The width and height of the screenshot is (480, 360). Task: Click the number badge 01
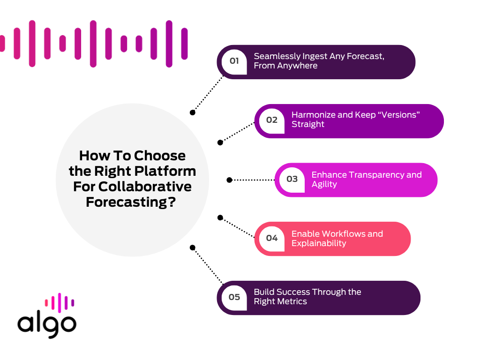click(234, 61)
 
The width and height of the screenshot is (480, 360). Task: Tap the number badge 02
click(272, 120)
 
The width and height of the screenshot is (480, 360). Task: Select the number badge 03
click(292, 179)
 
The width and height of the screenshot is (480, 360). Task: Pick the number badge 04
click(272, 238)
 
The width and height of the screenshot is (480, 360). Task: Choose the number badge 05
click(234, 297)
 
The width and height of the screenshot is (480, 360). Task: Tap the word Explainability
click(319, 243)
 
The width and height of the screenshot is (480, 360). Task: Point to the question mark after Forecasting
click(172, 202)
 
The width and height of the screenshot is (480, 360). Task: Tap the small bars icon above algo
click(60, 302)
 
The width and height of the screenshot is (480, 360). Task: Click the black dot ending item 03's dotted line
click(229, 180)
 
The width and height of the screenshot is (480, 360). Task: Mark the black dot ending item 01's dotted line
click(192, 112)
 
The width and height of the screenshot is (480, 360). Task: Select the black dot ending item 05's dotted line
click(192, 247)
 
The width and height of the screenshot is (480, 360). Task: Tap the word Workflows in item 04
click(333, 233)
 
